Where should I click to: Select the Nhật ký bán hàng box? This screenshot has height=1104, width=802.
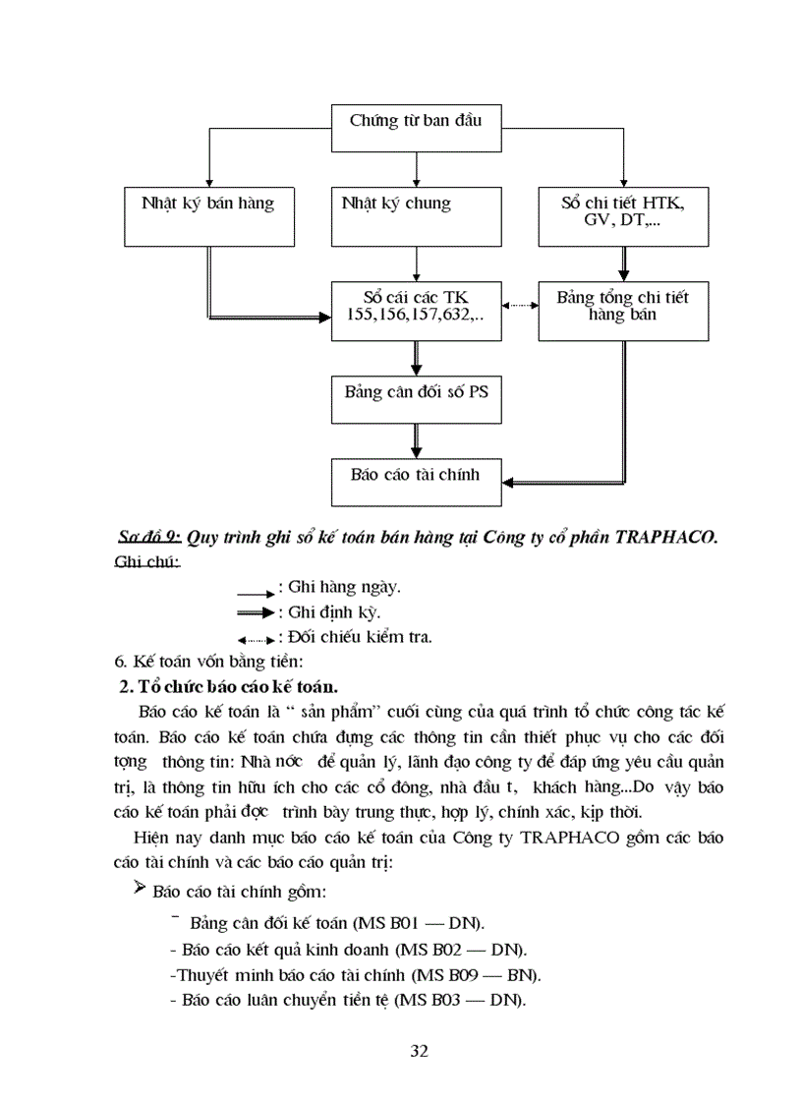[208, 214]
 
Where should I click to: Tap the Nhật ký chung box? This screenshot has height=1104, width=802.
[417, 214]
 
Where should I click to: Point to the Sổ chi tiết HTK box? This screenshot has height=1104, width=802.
[623, 214]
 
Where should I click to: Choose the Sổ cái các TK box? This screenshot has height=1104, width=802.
[417, 309]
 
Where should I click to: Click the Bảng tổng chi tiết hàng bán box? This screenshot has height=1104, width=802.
[623, 309]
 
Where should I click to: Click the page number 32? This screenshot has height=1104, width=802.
[419, 1051]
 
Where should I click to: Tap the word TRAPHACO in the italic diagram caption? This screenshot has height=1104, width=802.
[666, 537]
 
